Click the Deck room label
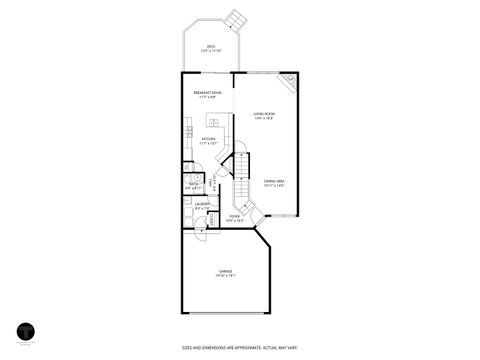pos(211,48)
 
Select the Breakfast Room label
pos(208,95)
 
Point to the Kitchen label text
pos(209,141)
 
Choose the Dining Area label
pos(274,182)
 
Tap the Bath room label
pos(194,185)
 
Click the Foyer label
pos(235,217)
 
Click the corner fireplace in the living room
pos(289,83)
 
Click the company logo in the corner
pos(27,332)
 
